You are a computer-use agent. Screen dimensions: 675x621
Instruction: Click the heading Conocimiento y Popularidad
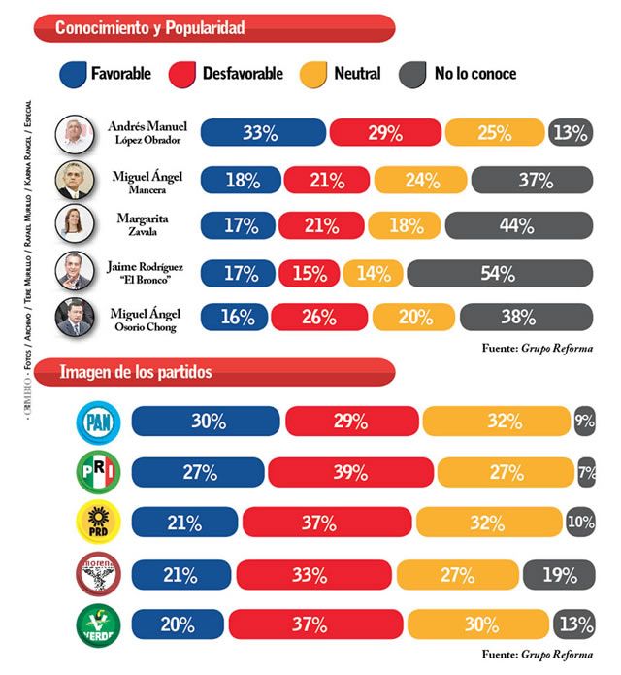(x=149, y=28)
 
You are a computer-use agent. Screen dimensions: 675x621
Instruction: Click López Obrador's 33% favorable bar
(x=262, y=133)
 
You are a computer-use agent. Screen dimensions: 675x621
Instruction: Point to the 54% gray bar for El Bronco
(x=497, y=274)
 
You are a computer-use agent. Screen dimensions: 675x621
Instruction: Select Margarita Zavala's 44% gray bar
(x=517, y=226)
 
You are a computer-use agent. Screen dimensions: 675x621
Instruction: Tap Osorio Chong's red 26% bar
(x=318, y=318)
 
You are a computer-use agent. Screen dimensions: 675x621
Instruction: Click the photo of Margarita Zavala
(x=74, y=224)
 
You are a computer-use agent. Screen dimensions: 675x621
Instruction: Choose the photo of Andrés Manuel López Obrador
(x=74, y=132)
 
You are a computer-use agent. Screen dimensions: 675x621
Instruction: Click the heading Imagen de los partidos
(x=136, y=372)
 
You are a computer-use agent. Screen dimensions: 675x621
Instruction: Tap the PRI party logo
(x=98, y=473)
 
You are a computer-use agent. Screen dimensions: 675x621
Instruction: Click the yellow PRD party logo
(x=98, y=523)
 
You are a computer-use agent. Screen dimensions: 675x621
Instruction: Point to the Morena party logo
(x=98, y=573)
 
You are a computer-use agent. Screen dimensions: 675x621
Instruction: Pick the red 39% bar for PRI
(x=349, y=472)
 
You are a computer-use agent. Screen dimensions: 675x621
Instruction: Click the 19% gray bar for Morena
(x=559, y=574)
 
